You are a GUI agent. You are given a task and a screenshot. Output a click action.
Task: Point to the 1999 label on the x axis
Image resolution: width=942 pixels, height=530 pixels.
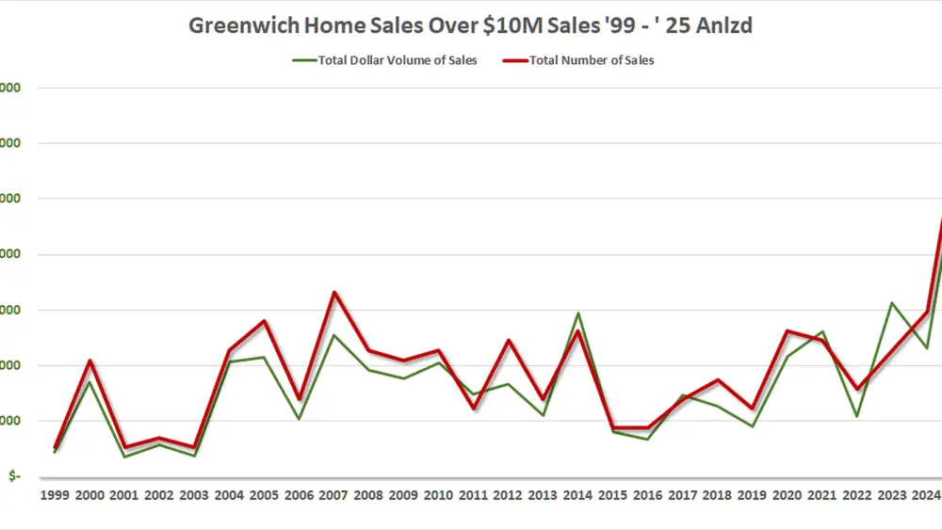pos(56,495)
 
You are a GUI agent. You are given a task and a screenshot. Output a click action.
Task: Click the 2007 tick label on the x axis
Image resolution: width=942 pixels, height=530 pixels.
pos(334,495)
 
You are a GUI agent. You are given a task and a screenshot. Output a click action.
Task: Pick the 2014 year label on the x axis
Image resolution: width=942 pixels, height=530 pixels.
pos(578,495)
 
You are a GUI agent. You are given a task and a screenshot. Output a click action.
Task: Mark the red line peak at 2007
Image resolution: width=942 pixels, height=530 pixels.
pos(334,293)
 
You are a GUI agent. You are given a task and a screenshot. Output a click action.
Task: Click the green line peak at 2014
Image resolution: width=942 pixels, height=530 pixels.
pos(578,313)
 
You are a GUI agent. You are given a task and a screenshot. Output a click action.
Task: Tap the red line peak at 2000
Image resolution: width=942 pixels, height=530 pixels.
pos(90,361)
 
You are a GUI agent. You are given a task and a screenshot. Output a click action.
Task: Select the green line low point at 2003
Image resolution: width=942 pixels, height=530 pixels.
pos(195,456)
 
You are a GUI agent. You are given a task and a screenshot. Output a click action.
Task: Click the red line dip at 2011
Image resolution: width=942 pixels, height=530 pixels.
pos(474,408)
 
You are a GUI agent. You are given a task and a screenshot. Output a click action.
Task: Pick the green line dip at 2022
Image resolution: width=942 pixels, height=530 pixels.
pos(856,415)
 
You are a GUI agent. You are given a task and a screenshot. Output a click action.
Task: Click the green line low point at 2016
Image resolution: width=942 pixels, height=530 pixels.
pos(648,439)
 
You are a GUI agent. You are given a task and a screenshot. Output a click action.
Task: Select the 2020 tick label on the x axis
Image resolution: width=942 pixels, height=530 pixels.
pos(788,495)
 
